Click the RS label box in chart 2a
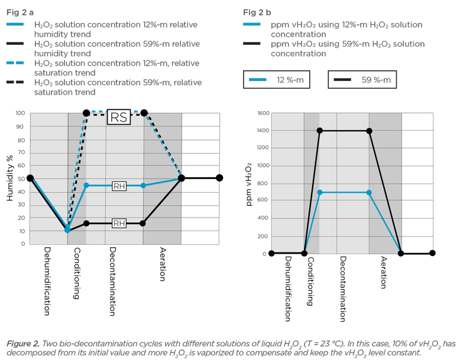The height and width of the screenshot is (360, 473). [118, 117]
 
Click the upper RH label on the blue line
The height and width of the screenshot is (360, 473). [119, 186]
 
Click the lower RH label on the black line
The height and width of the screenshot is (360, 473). [119, 223]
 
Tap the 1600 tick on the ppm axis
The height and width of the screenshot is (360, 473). [263, 113]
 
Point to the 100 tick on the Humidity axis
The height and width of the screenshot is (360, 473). [20, 113]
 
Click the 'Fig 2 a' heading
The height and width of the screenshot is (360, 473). [20, 12]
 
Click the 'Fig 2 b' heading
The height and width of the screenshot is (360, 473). [257, 12]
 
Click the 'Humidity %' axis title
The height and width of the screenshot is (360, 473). [10, 178]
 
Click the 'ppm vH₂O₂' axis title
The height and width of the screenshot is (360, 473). [249, 183]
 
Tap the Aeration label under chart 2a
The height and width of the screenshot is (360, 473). [163, 264]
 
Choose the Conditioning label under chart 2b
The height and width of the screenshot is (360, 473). [310, 280]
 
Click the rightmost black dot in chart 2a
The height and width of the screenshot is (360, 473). [219, 178]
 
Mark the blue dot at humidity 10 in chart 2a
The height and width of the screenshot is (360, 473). [68, 230]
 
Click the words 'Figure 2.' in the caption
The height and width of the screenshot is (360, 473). [23, 343]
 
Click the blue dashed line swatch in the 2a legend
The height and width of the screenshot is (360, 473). [16, 63]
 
